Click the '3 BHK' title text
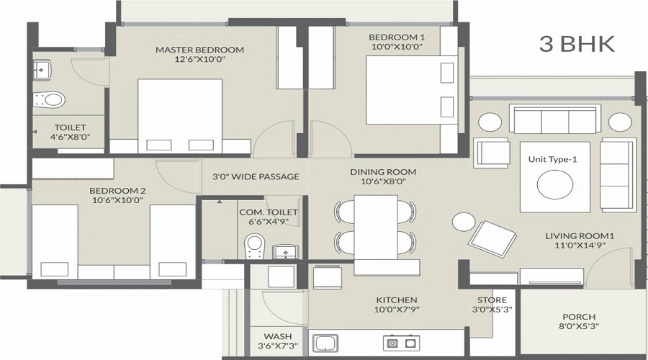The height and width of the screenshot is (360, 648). click(x=577, y=43)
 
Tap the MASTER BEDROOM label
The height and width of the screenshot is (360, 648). click(x=199, y=50)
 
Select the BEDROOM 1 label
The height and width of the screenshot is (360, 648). click(x=396, y=37)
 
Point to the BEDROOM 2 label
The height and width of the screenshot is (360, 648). click(x=117, y=191)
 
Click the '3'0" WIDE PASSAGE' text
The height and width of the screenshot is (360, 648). click(x=256, y=176)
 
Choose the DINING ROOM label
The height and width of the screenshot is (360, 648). click(x=383, y=172)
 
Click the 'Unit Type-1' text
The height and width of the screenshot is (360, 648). click(x=552, y=159)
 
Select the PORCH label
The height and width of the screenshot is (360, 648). click(x=579, y=317)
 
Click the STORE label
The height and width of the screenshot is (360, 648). click(x=492, y=300)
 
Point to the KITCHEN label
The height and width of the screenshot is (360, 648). click(x=396, y=300)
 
